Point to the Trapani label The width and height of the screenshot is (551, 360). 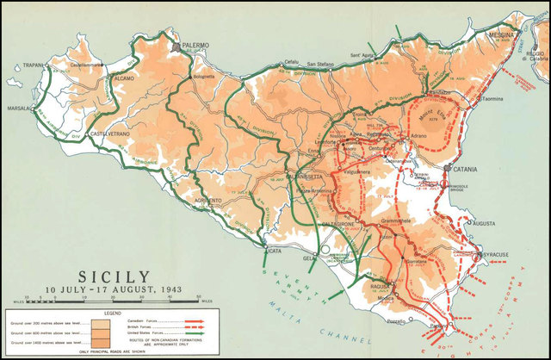pyautogui.click(x=33, y=65)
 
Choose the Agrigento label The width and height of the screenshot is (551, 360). pyautogui.click(x=202, y=200)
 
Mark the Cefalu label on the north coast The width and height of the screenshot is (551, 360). pyautogui.click(x=292, y=62)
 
